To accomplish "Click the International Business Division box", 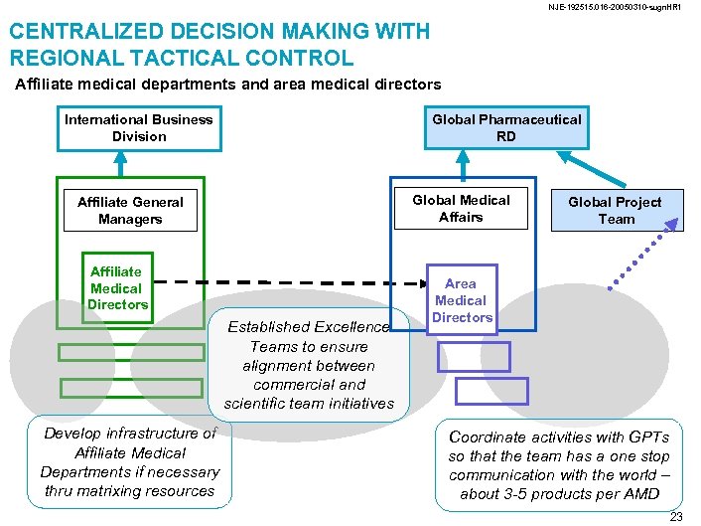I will tap(138, 127).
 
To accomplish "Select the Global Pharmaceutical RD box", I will tap(506, 127).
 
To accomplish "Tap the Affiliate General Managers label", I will tap(130, 210).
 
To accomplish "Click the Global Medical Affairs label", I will tap(461, 208).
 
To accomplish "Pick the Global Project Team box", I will tap(616, 210).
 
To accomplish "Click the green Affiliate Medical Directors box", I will tap(117, 288).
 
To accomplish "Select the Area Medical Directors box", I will tap(462, 300).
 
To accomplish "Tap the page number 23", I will tap(676, 517).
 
